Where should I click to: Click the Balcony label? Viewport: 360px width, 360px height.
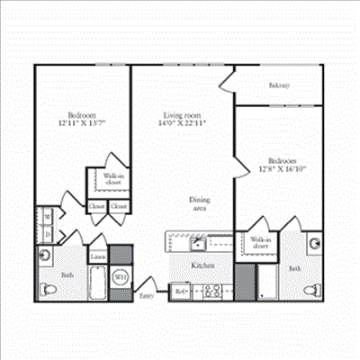[279, 86]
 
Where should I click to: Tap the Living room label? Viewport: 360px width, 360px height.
[184, 115]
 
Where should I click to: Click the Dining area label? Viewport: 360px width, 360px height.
[200, 204]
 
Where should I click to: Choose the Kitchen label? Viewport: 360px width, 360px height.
[202, 266]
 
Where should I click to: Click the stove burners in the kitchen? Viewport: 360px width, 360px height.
[213, 291]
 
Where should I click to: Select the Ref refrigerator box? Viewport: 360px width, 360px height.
[181, 292]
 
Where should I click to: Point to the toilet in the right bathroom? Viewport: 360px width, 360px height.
[311, 290]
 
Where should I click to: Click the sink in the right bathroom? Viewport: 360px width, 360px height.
[312, 244]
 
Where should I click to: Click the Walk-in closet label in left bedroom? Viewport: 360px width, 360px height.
[112, 179]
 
